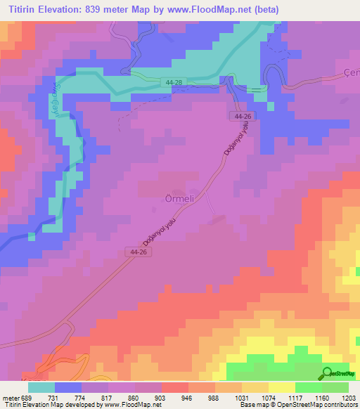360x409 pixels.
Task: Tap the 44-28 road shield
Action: tap(176, 82)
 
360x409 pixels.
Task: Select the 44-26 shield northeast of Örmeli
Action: tap(243, 115)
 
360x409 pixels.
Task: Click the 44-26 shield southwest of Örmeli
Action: tap(139, 251)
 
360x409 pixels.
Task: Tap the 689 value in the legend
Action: tap(26, 398)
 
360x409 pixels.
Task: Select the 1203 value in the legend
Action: tap(348, 398)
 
